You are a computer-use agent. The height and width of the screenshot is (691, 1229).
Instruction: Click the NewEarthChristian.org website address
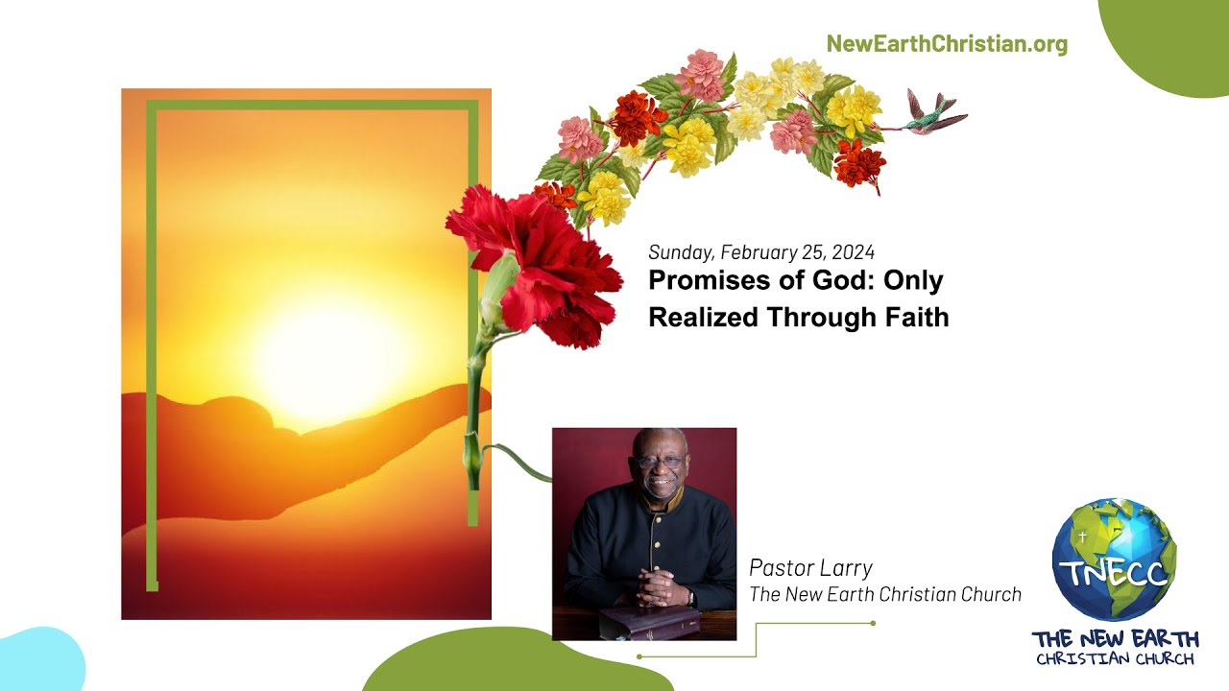click(x=946, y=44)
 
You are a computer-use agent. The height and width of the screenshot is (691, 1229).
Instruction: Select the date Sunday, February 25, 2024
click(x=760, y=252)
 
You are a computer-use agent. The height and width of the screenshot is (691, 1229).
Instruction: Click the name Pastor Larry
click(x=810, y=567)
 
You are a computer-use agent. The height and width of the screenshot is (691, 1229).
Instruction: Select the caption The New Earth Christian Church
click(x=884, y=595)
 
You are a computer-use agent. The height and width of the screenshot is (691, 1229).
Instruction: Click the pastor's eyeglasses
click(x=661, y=463)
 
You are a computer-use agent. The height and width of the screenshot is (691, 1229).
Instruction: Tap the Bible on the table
click(x=651, y=621)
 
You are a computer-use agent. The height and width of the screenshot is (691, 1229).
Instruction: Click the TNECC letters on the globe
click(x=1114, y=573)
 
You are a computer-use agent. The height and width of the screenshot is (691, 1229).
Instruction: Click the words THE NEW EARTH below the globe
click(x=1115, y=639)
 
